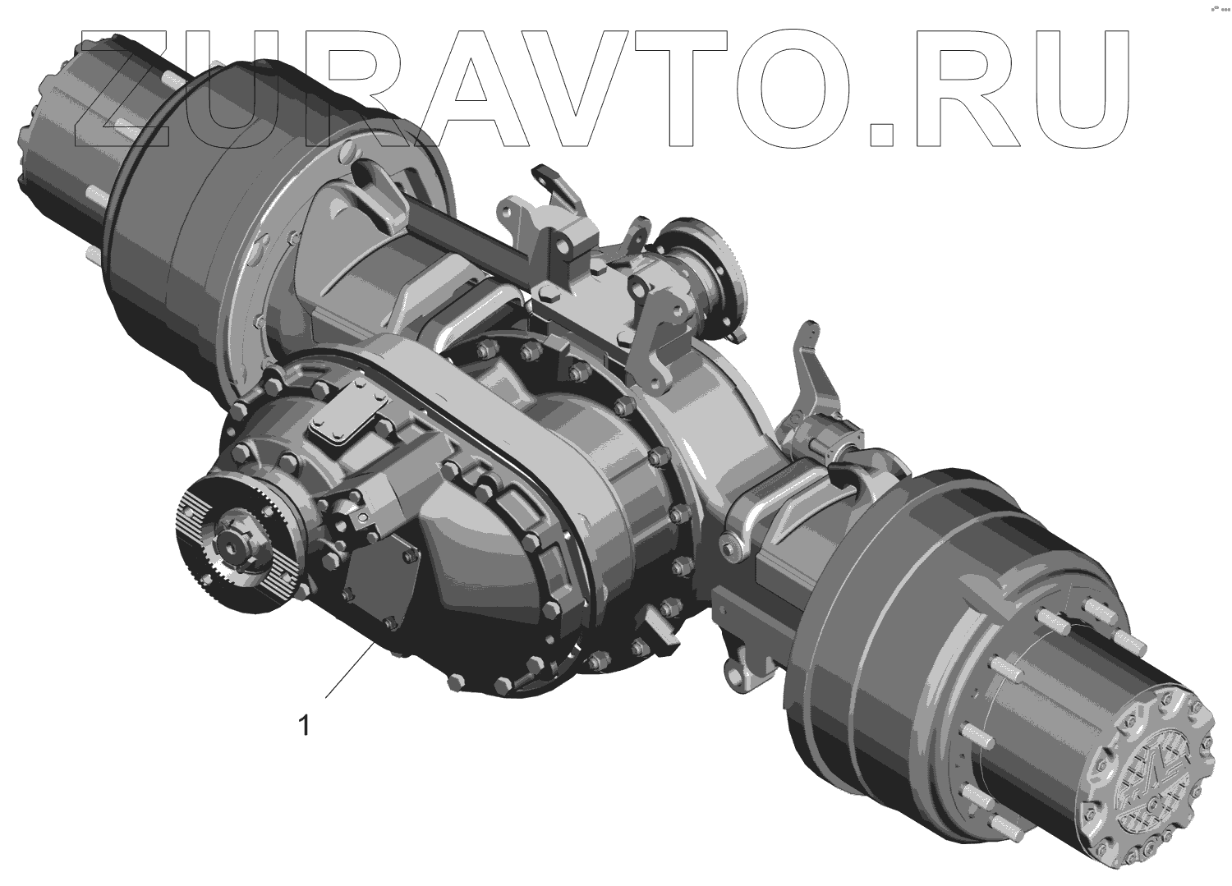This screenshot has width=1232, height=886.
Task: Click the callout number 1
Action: (304, 725)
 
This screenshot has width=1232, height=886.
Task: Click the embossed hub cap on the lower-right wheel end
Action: (1150, 775)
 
